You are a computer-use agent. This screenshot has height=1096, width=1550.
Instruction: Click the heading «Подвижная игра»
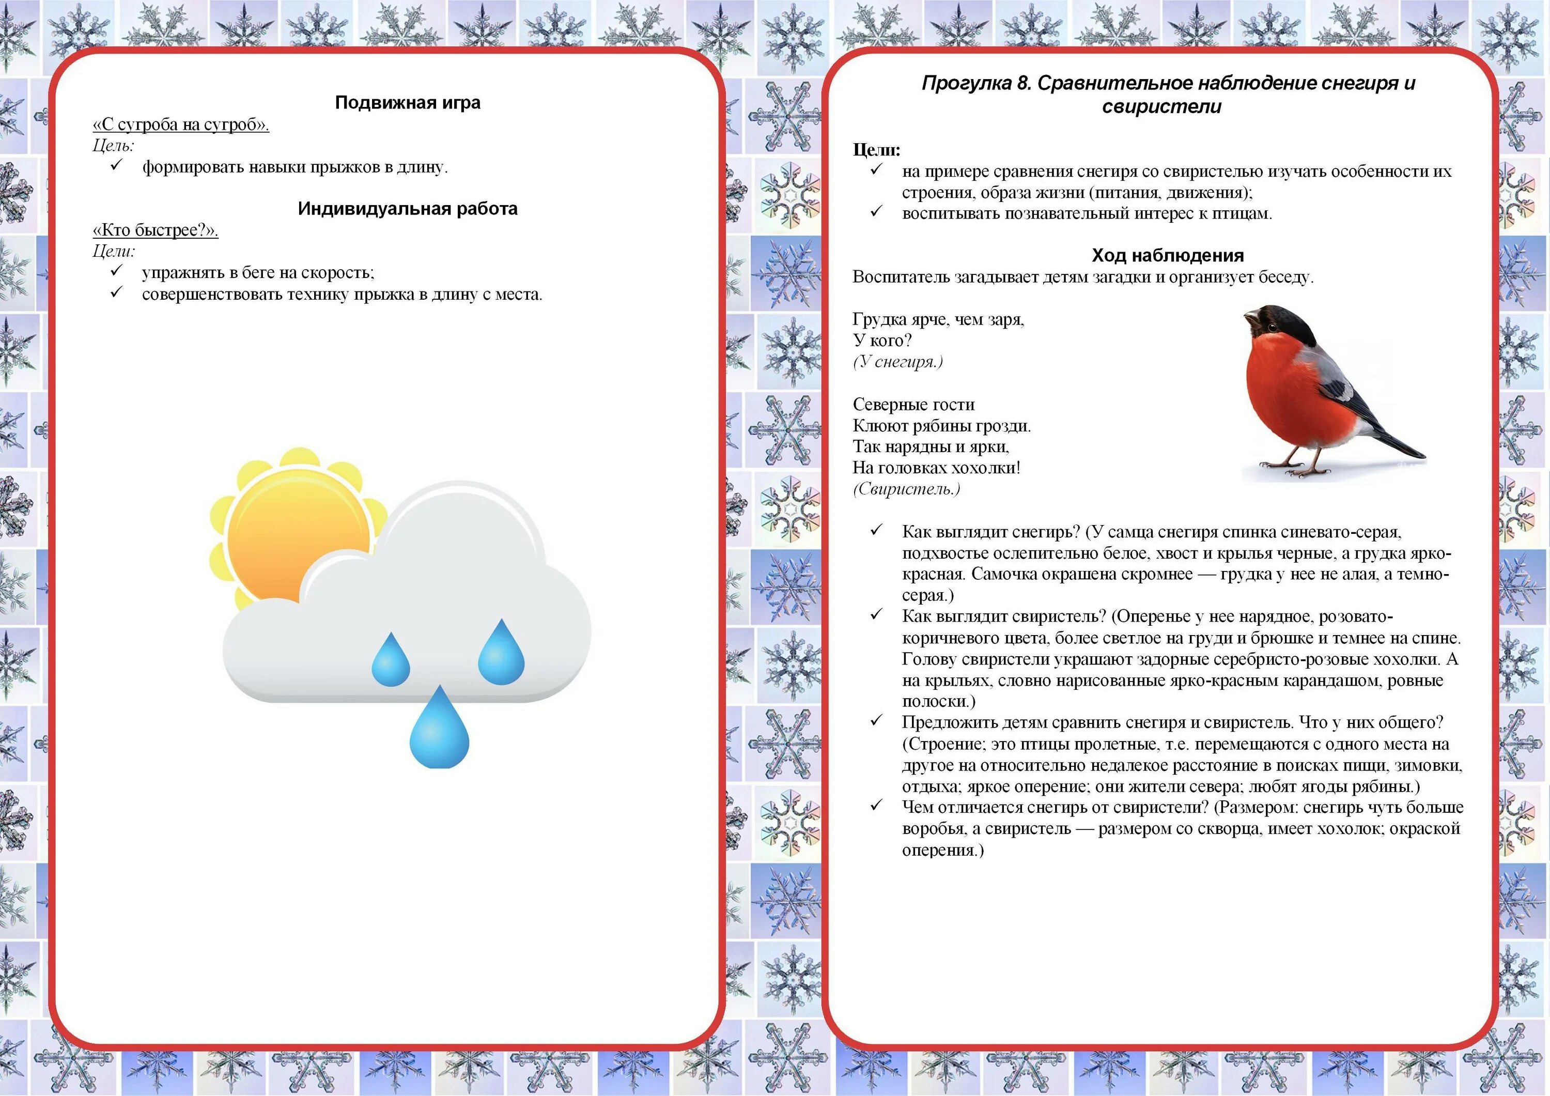408,103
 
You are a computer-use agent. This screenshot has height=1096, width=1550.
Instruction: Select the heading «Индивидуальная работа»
408,209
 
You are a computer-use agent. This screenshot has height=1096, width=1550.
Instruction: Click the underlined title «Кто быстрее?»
156,230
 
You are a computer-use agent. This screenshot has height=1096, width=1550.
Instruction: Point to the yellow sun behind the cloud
290,533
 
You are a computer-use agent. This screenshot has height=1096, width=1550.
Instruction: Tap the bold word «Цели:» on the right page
876,150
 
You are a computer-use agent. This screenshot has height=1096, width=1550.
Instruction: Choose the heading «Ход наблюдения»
1167,255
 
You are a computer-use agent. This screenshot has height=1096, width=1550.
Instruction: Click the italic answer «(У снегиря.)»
898,362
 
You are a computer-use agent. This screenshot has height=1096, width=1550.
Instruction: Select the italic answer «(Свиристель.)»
906,489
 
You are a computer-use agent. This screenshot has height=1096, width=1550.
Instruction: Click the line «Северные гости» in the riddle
913,405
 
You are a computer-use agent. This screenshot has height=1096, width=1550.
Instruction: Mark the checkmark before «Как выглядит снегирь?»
876,531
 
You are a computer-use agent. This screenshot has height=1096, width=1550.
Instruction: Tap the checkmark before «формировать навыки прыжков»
117,166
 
